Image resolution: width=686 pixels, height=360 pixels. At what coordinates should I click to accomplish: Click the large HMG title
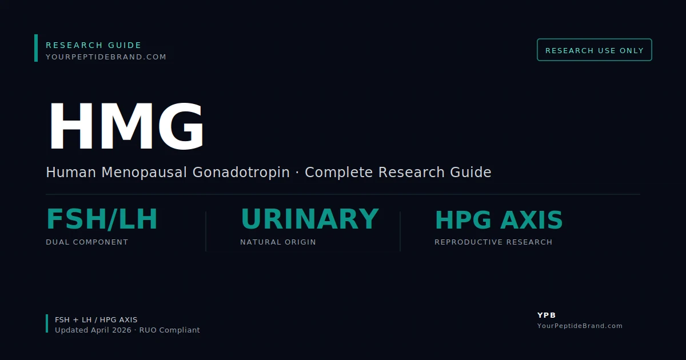pyautogui.click(x=126, y=127)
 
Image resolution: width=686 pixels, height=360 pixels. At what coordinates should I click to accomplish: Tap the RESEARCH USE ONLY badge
pyautogui.click(x=595, y=50)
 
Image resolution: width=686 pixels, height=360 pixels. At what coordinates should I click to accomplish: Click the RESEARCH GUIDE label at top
pyautogui.click(x=94, y=45)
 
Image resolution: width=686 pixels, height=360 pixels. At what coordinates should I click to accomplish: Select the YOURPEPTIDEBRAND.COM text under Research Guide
pyautogui.click(x=106, y=57)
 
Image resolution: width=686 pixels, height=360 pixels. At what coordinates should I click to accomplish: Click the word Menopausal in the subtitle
pyautogui.click(x=145, y=172)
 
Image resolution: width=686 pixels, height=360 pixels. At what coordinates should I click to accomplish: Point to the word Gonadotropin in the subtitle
pyautogui.click(x=241, y=172)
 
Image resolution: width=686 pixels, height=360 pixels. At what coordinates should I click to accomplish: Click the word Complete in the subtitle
pyautogui.click(x=340, y=172)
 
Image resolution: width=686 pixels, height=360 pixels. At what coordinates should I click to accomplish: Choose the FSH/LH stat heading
pyautogui.click(x=102, y=219)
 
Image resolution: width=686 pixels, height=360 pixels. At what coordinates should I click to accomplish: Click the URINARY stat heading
pyautogui.click(x=309, y=219)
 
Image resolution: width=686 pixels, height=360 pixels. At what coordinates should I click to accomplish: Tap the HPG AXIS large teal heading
pyautogui.click(x=498, y=221)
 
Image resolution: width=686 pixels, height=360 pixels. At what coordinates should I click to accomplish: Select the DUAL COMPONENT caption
pyautogui.click(x=87, y=242)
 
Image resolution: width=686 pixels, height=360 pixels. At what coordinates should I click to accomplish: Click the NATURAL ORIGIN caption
pyautogui.click(x=278, y=242)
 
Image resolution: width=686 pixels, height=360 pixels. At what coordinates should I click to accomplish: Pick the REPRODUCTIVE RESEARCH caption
pyautogui.click(x=493, y=242)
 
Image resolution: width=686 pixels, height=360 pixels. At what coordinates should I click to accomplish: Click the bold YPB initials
pyautogui.click(x=547, y=315)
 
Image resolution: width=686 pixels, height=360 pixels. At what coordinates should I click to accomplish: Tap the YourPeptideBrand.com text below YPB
pyautogui.click(x=580, y=326)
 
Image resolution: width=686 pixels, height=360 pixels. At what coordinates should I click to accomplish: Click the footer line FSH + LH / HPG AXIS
pyautogui.click(x=96, y=320)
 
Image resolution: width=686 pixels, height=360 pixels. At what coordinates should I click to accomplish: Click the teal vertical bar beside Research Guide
pyautogui.click(x=36, y=48)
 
